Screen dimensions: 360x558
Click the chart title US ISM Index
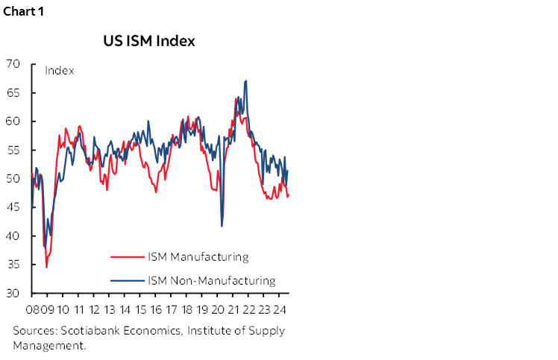(x=149, y=41)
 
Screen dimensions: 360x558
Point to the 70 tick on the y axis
(x=13, y=64)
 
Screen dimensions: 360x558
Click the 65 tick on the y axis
(x=13, y=93)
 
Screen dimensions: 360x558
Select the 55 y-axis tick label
(x=13, y=151)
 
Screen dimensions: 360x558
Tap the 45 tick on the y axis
(x=13, y=208)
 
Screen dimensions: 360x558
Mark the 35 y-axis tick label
(x=13, y=265)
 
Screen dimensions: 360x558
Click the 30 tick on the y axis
(x=13, y=294)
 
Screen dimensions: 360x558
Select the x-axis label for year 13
(x=110, y=310)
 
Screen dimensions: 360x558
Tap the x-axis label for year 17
(x=172, y=310)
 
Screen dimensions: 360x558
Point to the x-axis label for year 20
(x=219, y=310)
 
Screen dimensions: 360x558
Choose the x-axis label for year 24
(x=280, y=310)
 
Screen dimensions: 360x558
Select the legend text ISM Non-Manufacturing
(x=212, y=281)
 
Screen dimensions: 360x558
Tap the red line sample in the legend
(x=128, y=258)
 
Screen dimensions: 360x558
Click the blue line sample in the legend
(x=128, y=282)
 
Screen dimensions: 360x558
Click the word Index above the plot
(x=59, y=71)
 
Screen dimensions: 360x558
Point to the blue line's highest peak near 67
(x=245, y=81)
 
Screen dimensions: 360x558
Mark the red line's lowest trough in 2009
(x=46, y=267)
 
